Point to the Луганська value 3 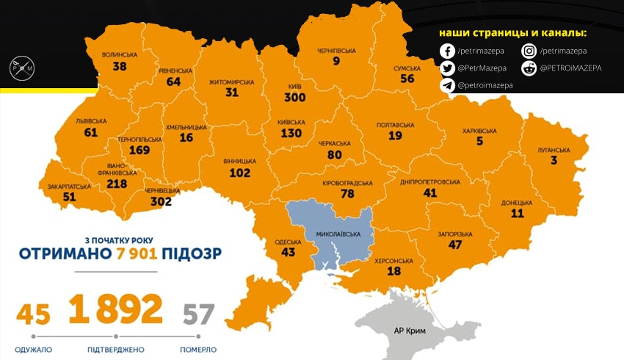coord(554,160)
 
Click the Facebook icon coord(447,51)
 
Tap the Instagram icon coord(529,51)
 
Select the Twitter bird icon coord(447,68)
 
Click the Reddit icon coord(529,68)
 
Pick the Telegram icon coord(447,85)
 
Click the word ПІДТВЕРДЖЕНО coord(115,349)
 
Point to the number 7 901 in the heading coord(139,253)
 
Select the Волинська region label coord(120,55)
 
